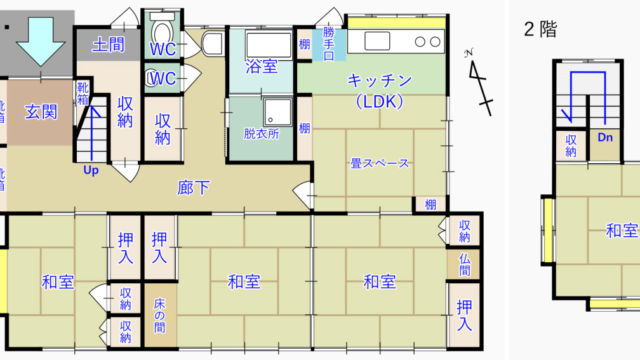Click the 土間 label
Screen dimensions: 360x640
tap(108, 45)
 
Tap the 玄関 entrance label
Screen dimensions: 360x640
tap(41, 111)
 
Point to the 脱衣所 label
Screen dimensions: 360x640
tap(261, 133)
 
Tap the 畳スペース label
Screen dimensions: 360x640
tap(381, 163)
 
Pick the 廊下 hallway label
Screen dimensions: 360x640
tap(193, 187)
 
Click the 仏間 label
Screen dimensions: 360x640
tap(464, 266)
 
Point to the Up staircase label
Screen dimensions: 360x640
tap(91, 171)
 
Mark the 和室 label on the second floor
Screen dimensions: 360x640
tap(622, 231)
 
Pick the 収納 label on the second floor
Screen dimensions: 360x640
tap(570, 145)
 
